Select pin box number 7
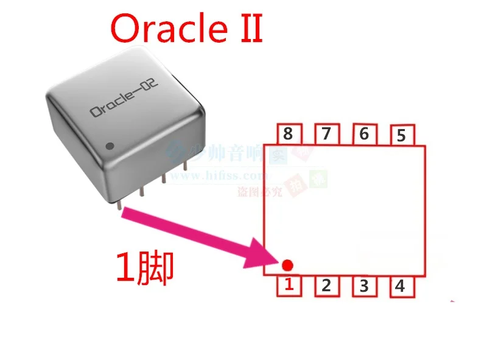point(326,135)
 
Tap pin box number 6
point(364,135)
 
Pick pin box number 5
point(401,136)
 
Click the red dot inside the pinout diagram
point(288,265)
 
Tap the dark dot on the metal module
point(110,146)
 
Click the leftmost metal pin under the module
point(119,204)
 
